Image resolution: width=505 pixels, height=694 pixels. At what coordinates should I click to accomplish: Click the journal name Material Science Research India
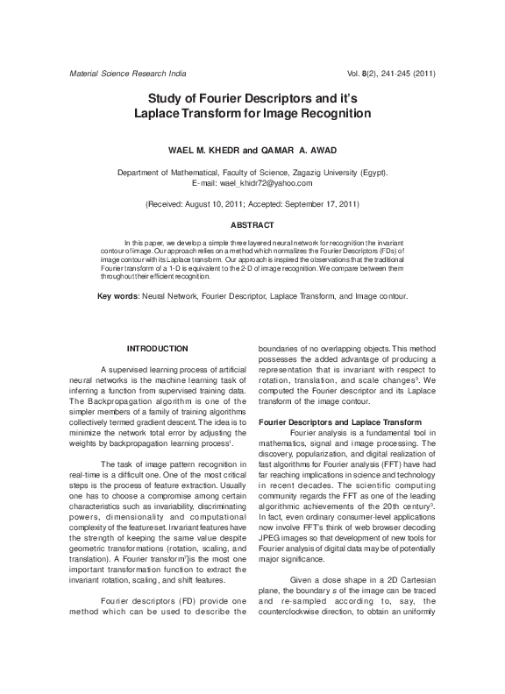coord(127,74)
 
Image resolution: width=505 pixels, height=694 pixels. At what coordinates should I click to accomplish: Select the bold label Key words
coord(117,296)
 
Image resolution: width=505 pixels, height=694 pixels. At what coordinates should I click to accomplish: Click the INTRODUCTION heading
coord(158,349)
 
